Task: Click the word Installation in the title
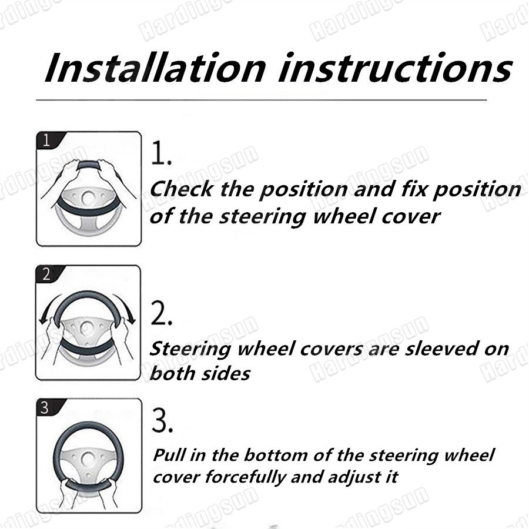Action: pyautogui.click(x=155, y=68)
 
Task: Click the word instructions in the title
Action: pyautogui.click(x=396, y=68)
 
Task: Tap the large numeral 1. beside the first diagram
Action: pyautogui.click(x=161, y=153)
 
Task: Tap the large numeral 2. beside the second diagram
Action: pyautogui.click(x=161, y=313)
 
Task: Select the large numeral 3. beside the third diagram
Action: pyautogui.click(x=162, y=420)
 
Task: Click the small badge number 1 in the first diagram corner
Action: pyautogui.click(x=46, y=140)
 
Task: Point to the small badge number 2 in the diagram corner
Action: pyautogui.click(x=46, y=274)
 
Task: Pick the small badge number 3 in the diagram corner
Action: pyautogui.click(x=45, y=407)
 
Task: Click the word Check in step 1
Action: pyautogui.click(x=181, y=189)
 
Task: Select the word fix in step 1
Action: pyautogui.click(x=414, y=189)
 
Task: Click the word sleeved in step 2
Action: pyautogui.click(x=442, y=349)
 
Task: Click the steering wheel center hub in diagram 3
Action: pyautogui.click(x=88, y=460)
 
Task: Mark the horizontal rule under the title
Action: pyautogui.click(x=262, y=100)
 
